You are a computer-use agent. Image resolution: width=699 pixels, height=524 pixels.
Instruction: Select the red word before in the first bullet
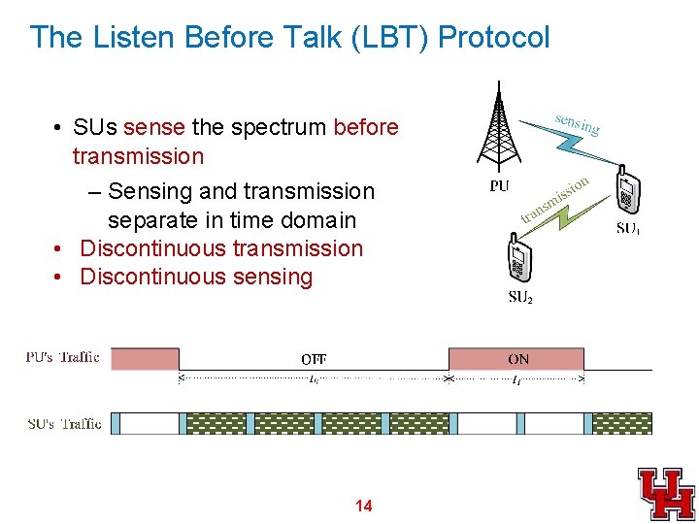(365, 127)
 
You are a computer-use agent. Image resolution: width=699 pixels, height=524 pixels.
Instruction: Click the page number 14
(364, 506)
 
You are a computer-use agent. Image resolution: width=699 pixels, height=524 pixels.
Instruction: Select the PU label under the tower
(499, 186)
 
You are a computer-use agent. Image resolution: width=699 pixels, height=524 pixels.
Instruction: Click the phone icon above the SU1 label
(629, 191)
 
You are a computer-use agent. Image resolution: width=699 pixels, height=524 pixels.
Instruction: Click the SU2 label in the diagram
(520, 297)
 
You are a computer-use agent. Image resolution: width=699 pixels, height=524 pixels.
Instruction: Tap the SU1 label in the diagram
(628, 229)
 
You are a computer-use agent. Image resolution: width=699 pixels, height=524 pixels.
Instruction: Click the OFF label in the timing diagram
(314, 359)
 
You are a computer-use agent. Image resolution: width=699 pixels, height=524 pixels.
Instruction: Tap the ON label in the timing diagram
(518, 359)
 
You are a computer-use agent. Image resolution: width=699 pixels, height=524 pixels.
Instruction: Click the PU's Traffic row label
(62, 357)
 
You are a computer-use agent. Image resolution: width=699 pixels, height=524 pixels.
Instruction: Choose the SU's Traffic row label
(64, 424)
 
